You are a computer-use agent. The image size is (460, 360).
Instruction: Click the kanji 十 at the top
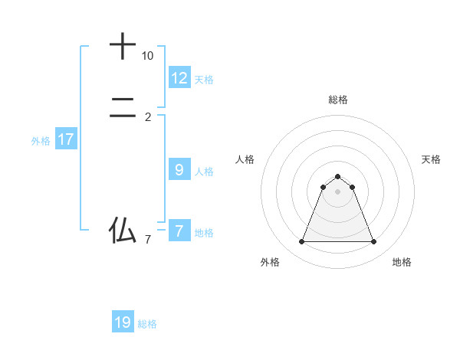(x=123, y=47)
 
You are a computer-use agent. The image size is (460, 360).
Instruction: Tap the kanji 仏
(x=123, y=230)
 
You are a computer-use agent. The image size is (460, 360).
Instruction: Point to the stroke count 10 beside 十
(x=147, y=57)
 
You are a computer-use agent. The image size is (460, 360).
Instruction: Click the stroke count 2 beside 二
(x=148, y=117)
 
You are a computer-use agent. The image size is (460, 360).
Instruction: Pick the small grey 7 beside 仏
(x=148, y=241)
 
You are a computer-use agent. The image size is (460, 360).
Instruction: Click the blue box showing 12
(x=179, y=78)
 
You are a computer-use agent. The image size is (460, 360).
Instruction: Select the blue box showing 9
(x=179, y=170)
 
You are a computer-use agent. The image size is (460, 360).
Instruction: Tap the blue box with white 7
(x=179, y=231)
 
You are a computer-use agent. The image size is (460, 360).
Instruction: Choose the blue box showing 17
(x=66, y=139)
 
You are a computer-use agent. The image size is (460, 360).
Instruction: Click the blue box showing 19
(x=123, y=322)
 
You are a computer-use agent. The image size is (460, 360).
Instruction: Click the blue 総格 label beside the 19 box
(x=147, y=324)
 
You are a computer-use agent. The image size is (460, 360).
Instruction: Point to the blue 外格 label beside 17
(x=41, y=141)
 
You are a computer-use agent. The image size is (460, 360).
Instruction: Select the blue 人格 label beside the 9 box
(x=205, y=172)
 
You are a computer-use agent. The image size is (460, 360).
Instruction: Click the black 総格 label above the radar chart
(x=338, y=100)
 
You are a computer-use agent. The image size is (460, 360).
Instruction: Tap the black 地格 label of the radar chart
(x=402, y=262)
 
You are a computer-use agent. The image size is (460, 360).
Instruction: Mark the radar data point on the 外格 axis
(x=301, y=242)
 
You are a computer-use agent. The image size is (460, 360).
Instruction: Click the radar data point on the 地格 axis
(x=374, y=242)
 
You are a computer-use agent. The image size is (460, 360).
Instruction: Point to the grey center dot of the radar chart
(x=338, y=191)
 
